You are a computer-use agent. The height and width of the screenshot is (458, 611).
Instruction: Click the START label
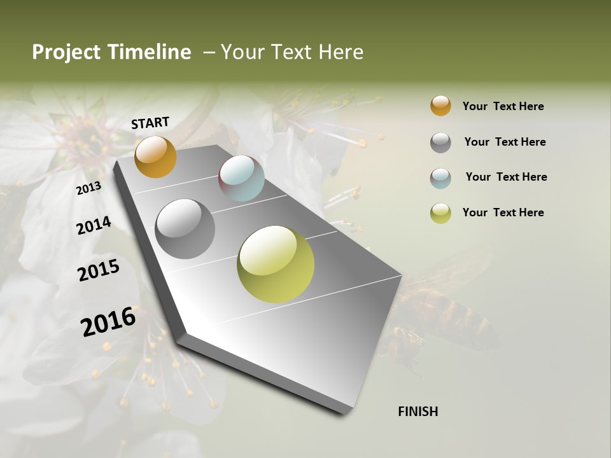[x=150, y=123]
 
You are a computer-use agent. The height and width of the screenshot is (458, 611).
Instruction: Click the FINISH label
[x=418, y=412]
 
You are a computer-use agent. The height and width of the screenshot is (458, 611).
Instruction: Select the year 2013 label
[x=88, y=188]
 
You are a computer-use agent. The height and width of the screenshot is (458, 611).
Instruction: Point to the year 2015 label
[x=99, y=270]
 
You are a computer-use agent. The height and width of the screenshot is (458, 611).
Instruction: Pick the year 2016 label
[x=108, y=322]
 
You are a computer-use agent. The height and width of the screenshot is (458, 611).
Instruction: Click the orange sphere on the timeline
[x=155, y=157]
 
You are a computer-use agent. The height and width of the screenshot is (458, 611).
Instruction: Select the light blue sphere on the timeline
[x=241, y=178]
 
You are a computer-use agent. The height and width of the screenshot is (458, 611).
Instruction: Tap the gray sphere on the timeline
[x=185, y=229]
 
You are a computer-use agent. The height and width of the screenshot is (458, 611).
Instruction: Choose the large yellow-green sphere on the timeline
[x=276, y=264]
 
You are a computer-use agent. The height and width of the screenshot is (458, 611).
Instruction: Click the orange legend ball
[x=440, y=106]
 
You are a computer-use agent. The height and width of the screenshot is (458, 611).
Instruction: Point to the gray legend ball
[x=440, y=142]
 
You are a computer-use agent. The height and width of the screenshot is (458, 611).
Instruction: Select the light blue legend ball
[x=440, y=178]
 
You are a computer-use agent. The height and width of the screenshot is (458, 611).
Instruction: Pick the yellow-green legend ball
[x=440, y=213]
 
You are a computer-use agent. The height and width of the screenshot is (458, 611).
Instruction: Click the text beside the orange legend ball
[x=503, y=106]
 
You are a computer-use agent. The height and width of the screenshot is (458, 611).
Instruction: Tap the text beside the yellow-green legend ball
[x=503, y=212]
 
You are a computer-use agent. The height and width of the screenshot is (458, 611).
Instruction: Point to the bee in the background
[x=446, y=312]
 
